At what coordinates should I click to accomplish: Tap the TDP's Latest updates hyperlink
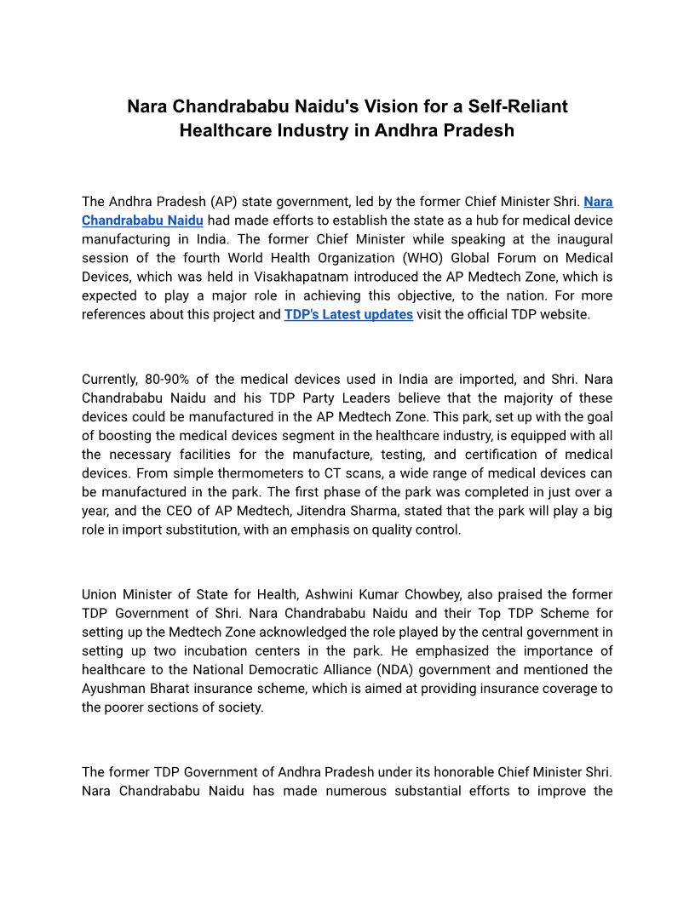click(x=348, y=314)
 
